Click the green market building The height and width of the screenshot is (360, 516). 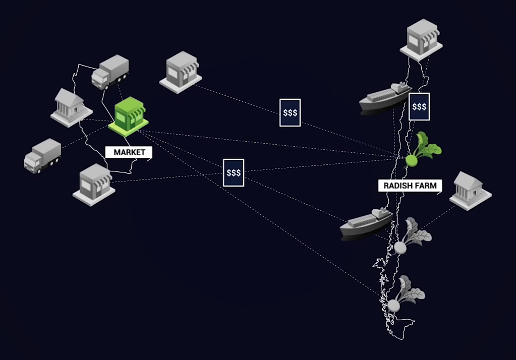(x=129, y=116)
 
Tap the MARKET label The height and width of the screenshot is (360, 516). (x=129, y=152)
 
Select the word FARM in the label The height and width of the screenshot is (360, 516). (x=426, y=186)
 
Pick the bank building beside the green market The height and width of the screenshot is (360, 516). (x=71, y=106)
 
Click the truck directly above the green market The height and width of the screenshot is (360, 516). (x=110, y=72)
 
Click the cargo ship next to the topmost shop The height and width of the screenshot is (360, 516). (x=385, y=97)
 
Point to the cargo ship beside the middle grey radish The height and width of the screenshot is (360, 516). (x=366, y=222)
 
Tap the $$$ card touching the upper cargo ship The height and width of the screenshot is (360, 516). (x=419, y=106)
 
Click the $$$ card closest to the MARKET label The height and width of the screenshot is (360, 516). (x=234, y=172)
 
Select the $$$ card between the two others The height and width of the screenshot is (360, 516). (x=290, y=112)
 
